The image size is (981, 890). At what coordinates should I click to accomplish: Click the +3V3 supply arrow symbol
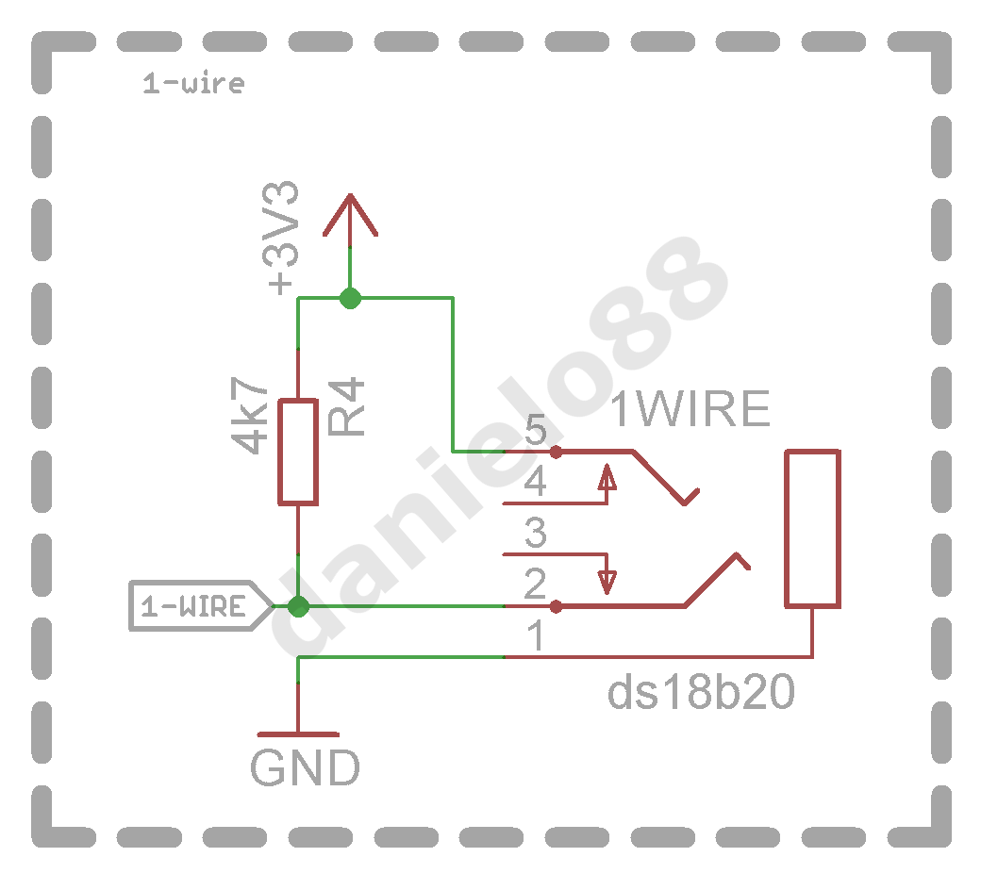click(350, 216)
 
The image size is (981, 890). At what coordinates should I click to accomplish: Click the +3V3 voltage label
click(281, 238)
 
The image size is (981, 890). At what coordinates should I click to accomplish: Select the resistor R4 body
click(298, 452)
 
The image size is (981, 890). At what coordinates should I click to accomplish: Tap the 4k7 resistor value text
click(250, 415)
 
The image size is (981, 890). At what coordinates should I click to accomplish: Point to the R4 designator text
click(346, 406)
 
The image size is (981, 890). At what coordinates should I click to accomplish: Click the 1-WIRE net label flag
click(201, 605)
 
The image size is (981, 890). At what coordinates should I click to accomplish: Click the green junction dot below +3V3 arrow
click(350, 298)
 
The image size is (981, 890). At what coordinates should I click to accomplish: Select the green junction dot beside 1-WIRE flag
click(298, 606)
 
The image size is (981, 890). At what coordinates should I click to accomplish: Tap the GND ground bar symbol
click(298, 734)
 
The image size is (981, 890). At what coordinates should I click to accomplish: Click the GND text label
click(305, 767)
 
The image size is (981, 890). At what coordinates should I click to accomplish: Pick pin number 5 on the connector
click(536, 430)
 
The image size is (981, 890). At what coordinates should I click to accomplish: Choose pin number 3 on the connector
click(536, 533)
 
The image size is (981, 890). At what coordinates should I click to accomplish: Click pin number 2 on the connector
click(535, 584)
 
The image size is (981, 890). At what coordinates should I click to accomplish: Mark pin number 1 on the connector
click(536, 635)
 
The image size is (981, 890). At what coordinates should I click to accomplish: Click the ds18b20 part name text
click(701, 692)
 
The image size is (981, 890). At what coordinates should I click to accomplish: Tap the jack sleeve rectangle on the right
click(813, 529)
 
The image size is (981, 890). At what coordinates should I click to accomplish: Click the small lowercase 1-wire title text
click(193, 83)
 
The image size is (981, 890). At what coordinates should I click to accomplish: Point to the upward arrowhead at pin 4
click(607, 477)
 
